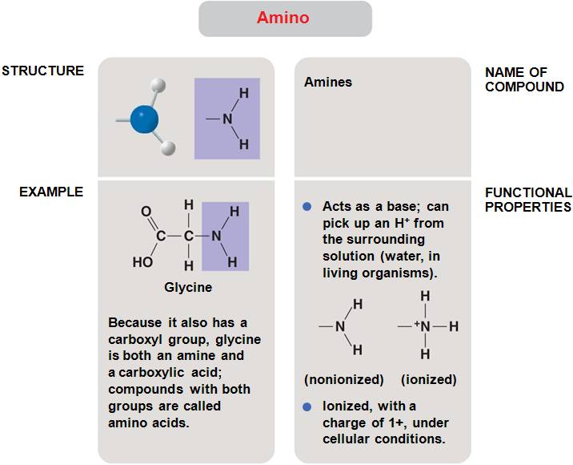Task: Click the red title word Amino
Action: click(x=282, y=18)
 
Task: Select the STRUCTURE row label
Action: click(x=42, y=71)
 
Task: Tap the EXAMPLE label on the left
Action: click(x=51, y=192)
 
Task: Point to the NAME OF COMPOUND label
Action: click(x=524, y=79)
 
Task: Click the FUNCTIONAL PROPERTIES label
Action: click(x=528, y=200)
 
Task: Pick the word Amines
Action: click(x=327, y=83)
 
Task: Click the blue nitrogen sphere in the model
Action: click(x=144, y=120)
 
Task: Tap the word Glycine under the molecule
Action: click(x=188, y=287)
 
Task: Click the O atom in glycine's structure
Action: click(x=146, y=212)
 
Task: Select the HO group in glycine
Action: click(x=142, y=261)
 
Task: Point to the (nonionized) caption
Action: click(x=343, y=379)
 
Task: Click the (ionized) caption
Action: click(x=428, y=379)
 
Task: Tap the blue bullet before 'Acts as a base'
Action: click(x=307, y=207)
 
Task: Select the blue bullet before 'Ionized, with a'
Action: click(x=307, y=406)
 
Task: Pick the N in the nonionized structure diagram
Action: click(x=340, y=326)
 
